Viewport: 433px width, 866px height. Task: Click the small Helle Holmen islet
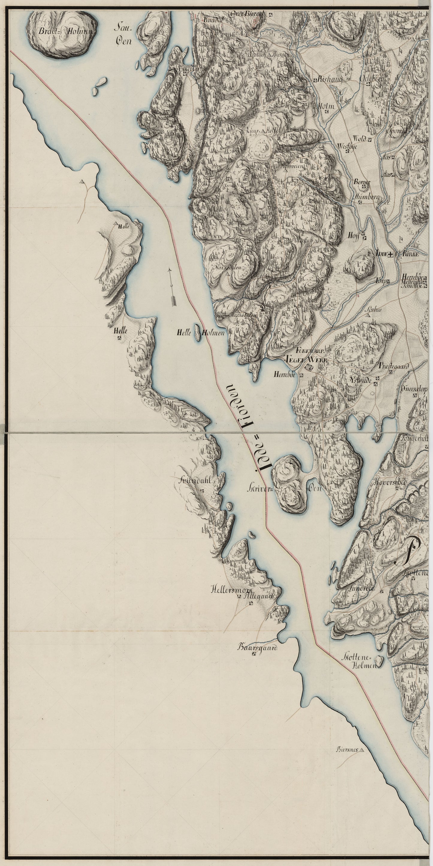point(197,332)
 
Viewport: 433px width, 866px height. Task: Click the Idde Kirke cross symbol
point(390,255)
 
